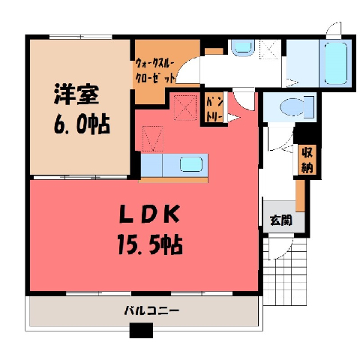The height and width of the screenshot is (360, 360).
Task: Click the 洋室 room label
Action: tap(76, 94)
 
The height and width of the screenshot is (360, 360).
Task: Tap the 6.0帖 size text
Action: tap(82, 124)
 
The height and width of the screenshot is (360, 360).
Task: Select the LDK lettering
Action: tap(149, 214)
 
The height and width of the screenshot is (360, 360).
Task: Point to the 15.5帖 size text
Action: tap(150, 244)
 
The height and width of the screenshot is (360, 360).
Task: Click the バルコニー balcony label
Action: tap(151, 310)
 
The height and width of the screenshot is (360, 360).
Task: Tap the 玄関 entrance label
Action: tap(281, 220)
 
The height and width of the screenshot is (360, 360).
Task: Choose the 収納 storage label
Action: tap(307, 160)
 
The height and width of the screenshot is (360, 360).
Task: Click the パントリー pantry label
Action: tap(214, 109)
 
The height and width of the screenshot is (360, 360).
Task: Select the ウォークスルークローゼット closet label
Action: tap(154, 70)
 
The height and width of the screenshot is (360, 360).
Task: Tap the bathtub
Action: tap(336, 63)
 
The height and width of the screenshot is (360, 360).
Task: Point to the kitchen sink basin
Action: tap(191, 164)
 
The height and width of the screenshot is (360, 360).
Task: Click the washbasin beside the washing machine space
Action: tap(242, 47)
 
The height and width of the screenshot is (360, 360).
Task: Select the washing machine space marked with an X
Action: tap(269, 49)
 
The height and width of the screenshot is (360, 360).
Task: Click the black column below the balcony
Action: tap(141, 330)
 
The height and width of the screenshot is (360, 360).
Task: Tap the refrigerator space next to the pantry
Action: tap(185, 108)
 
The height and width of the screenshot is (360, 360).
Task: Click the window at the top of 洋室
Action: tap(80, 37)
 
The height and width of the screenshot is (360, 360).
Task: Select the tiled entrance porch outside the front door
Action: tap(285, 271)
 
